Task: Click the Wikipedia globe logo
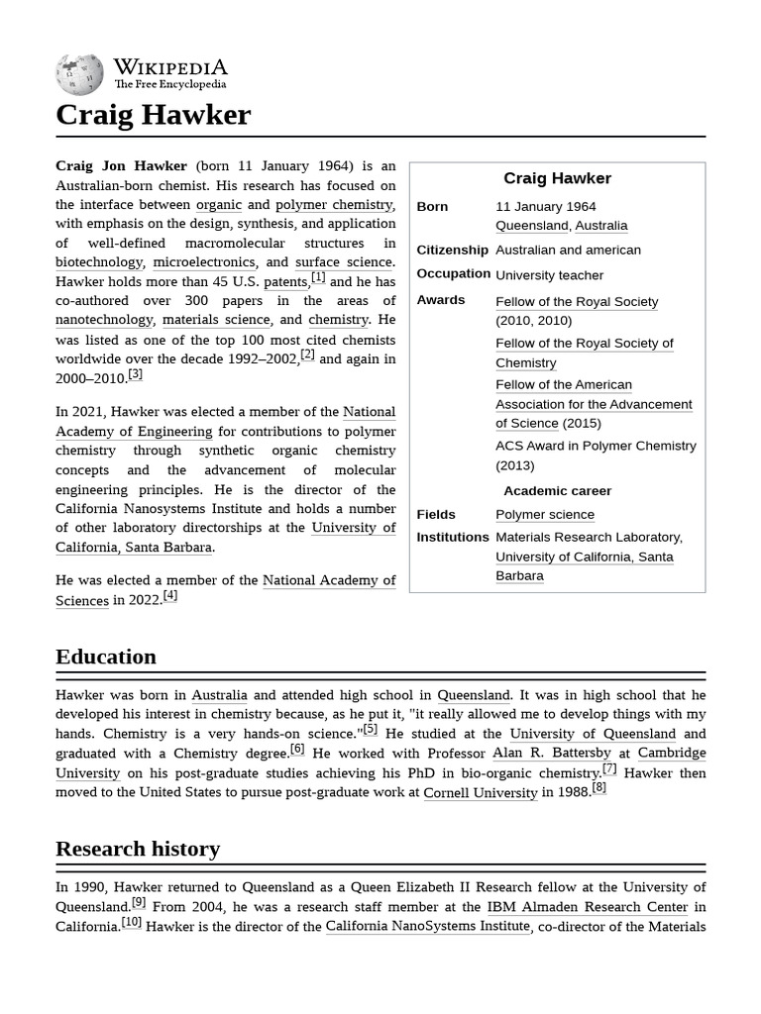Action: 79,74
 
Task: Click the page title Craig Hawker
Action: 153,115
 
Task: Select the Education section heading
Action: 106,657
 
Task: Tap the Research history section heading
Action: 138,849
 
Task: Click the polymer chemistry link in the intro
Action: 333,205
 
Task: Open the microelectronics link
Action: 204,262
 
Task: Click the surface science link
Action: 344,262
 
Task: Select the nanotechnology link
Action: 104,320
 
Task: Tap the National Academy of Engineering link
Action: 225,422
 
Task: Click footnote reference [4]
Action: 170,596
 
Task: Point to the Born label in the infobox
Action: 432,207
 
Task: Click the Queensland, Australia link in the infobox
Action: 561,226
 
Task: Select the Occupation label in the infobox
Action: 453,274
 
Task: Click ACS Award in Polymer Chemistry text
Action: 596,447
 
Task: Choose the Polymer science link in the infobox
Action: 545,515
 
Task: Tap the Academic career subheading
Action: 557,491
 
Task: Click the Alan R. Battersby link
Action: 552,754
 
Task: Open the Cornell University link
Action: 480,792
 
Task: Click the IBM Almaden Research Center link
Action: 587,907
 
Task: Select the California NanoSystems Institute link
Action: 427,927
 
